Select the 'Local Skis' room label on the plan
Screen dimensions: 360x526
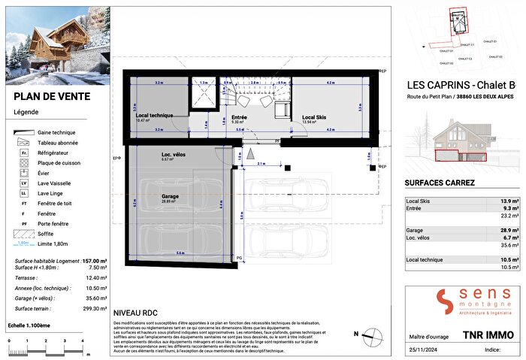314,117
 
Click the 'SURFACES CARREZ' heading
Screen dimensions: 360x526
440,183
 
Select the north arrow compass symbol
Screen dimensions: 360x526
373,336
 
